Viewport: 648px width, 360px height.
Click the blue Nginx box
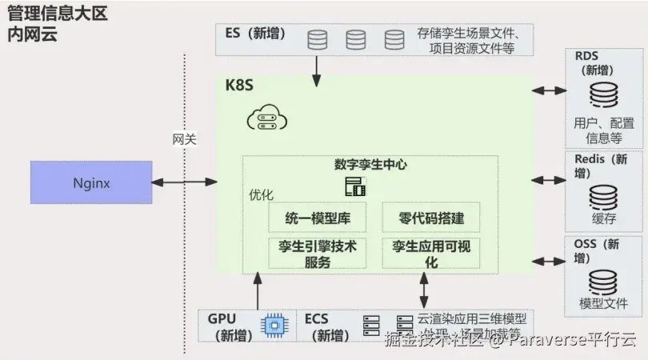coord(90,182)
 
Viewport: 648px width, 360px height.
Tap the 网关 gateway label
coord(184,139)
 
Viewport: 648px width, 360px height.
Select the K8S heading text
coord(239,86)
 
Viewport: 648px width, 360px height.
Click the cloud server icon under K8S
coord(266,120)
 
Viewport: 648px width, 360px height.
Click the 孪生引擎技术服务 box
coord(317,254)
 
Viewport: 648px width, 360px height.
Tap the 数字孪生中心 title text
coord(370,165)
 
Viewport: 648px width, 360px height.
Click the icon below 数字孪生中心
coord(354,187)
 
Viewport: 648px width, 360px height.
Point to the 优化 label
coord(261,195)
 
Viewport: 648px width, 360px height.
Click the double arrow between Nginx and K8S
coord(185,182)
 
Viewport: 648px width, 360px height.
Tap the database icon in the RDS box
coord(603,96)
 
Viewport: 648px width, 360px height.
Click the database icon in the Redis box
coord(603,196)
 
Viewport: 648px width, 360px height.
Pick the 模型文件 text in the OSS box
coord(603,304)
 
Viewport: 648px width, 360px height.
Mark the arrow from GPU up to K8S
coord(257,290)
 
